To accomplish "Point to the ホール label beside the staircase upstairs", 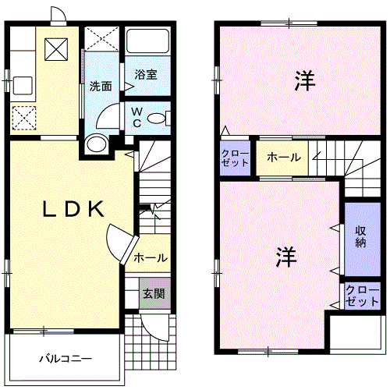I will pyautogui.click(x=283, y=158).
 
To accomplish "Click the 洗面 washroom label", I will pyautogui.click(x=99, y=87).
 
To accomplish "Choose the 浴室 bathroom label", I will pyautogui.click(x=146, y=75).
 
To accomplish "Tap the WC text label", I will pyautogui.click(x=136, y=117).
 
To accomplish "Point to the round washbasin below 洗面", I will pyautogui.click(x=97, y=144).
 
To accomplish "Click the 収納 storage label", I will pyautogui.click(x=360, y=237).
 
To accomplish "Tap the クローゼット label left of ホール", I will pyautogui.click(x=235, y=158).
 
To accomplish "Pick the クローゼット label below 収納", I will pyautogui.click(x=360, y=295).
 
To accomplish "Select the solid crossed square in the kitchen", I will pyautogui.click(x=56, y=49).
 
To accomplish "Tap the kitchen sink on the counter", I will pyautogui.click(x=21, y=83).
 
